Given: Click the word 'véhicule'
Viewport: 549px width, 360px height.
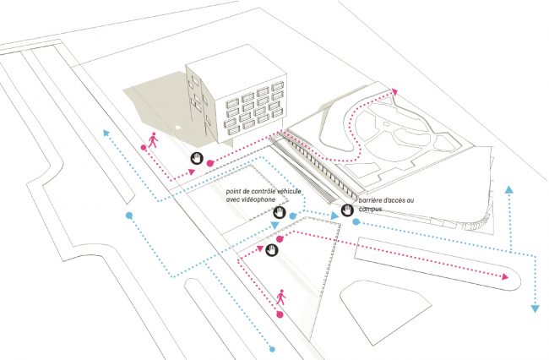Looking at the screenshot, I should pos(290,194).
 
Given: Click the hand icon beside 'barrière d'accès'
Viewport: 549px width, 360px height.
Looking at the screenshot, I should pos(347,210).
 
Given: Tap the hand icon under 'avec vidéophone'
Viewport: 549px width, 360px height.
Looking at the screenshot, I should pos(278,214).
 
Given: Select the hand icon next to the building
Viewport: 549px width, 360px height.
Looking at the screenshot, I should pos(195,158).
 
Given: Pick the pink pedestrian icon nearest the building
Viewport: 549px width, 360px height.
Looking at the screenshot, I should pos(153,139).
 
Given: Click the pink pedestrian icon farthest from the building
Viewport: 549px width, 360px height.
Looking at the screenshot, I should pos(280,297).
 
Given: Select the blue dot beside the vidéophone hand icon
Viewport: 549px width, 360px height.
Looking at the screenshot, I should pos(292,216).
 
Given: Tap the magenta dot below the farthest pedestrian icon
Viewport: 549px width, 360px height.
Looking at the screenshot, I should pos(280,314).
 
